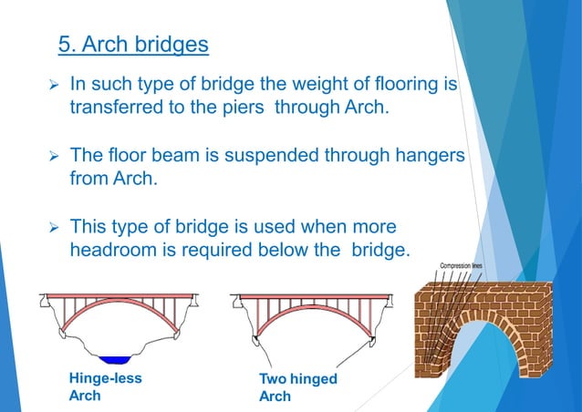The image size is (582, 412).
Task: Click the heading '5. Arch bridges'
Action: (x=133, y=44)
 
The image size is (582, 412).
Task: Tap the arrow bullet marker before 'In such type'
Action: (x=53, y=86)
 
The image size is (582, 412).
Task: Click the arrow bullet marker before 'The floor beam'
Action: (x=53, y=156)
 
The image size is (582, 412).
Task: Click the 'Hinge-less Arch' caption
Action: (x=104, y=386)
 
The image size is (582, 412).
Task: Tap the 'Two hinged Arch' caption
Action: (x=297, y=386)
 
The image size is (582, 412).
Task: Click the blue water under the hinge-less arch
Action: (x=116, y=360)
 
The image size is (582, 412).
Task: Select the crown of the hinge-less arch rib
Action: (x=116, y=307)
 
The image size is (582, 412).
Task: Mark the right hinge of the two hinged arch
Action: (x=372, y=340)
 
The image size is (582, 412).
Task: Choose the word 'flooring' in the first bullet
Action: (x=407, y=86)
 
